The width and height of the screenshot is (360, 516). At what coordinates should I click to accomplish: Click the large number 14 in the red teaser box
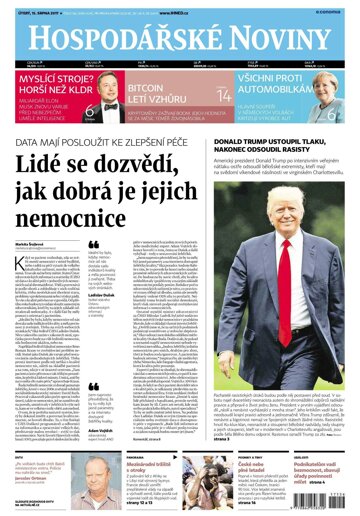[x=224, y=95]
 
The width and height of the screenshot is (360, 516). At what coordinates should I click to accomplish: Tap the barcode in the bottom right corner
[x=336, y=505]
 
